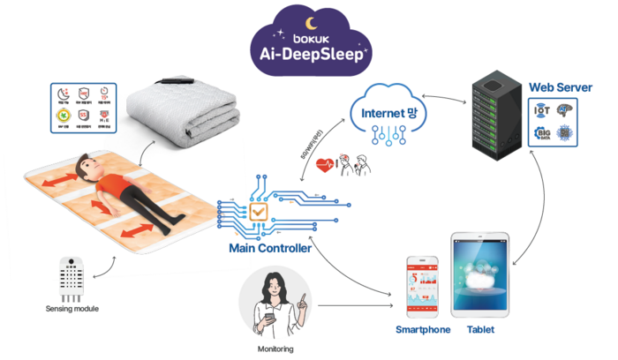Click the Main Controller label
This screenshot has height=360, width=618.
pyautogui.click(x=270, y=249)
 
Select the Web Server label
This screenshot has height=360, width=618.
pyautogui.click(x=560, y=87)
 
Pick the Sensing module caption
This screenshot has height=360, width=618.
pyautogui.click(x=72, y=309)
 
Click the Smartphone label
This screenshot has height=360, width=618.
pyautogui.click(x=423, y=330)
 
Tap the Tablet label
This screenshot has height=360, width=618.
pyautogui.click(x=480, y=330)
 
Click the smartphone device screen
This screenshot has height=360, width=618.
pyautogui.click(x=423, y=287)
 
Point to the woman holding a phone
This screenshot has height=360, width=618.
pyautogui.click(x=276, y=305)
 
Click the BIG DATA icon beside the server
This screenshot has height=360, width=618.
pyautogui.click(x=542, y=134)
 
